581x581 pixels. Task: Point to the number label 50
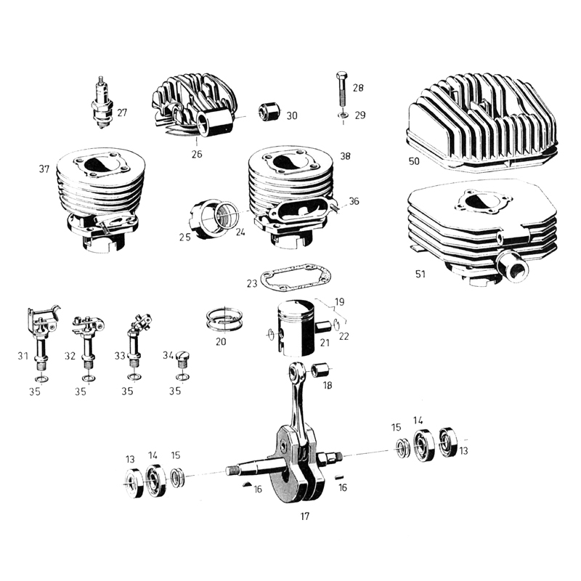414,161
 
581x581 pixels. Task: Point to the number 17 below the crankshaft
304,516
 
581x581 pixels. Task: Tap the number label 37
44,169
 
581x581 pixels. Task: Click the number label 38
344,155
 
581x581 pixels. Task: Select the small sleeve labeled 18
320,370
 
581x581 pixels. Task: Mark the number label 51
420,275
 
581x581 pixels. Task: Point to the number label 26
196,155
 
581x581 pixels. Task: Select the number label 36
354,201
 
